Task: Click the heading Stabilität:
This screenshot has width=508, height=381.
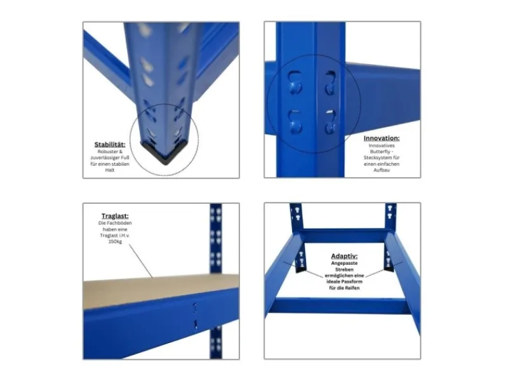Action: click(110, 145)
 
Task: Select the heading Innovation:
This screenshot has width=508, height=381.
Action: click(382, 138)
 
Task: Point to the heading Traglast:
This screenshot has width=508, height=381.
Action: click(115, 216)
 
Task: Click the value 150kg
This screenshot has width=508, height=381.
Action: click(115, 241)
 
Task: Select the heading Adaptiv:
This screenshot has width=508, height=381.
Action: click(344, 257)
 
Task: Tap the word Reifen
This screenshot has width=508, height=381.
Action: click(352, 288)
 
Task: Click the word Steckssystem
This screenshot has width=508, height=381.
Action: click(377, 157)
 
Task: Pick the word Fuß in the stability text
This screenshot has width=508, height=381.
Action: click(125, 157)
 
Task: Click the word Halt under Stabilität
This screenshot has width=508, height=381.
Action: click(110, 170)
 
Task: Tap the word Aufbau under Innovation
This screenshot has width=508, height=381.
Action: click(382, 170)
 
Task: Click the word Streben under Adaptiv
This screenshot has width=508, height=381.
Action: click(344, 269)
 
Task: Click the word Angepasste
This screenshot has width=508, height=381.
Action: click(344, 263)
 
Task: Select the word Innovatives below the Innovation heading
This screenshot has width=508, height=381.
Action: click(382, 145)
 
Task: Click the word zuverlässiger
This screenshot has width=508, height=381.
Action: click(105, 157)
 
